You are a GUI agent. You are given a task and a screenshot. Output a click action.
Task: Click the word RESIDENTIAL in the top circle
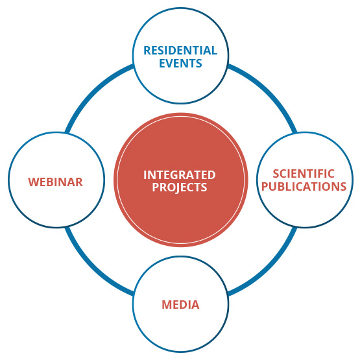pos(180,51)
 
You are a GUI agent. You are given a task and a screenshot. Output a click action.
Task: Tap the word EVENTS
pos(180,63)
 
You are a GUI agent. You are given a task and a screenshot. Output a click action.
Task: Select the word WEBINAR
pos(55,182)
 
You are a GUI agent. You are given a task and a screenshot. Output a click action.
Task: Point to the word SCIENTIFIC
pos(304,174)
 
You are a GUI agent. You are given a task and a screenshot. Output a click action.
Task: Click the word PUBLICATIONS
pos(304,186)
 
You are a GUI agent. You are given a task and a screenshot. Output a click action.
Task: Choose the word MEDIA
pos(180,305)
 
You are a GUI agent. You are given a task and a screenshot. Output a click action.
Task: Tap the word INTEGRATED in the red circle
pos(180,175)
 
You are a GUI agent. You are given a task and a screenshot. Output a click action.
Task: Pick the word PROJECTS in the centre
pos(180,187)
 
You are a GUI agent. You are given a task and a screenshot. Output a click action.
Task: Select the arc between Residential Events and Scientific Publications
pos(268,91)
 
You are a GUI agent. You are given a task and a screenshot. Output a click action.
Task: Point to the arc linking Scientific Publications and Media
pos(268,268)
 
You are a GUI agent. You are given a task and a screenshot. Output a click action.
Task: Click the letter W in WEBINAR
pos(33,182)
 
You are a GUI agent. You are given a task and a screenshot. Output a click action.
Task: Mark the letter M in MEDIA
pos(167,305)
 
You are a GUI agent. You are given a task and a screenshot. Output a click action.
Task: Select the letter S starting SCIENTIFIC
pos(276,174)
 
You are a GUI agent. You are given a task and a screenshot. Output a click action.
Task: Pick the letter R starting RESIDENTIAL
pos(147,51)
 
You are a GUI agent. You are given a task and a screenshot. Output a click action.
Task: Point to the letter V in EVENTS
pos(171,64)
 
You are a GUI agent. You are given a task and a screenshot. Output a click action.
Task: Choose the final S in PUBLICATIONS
pos(343,186)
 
